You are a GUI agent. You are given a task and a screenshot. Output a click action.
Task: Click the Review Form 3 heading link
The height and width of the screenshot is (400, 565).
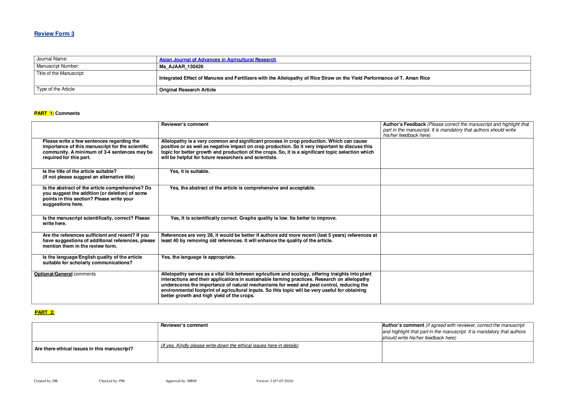[x=54, y=34]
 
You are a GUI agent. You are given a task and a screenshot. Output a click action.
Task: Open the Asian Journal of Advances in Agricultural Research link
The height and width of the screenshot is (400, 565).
[x=218, y=60]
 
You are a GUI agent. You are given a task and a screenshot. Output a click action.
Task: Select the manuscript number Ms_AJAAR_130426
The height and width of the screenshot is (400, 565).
[x=181, y=67]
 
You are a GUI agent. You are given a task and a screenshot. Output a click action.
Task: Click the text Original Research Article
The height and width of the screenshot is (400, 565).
[x=187, y=90]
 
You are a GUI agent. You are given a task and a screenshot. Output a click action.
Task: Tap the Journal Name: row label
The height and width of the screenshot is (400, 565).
[x=52, y=59]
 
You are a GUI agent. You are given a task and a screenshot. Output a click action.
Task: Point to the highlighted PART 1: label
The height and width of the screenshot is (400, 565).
[x=44, y=113]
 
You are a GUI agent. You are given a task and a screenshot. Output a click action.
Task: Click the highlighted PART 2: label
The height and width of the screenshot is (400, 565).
[x=44, y=312]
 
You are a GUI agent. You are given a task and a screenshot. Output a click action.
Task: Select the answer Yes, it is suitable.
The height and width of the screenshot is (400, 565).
[x=189, y=171]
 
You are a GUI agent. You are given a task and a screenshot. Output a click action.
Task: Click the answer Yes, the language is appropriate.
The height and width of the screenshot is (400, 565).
[x=198, y=257]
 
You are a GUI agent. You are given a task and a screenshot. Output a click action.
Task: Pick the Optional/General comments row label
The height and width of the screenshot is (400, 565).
[x=65, y=274]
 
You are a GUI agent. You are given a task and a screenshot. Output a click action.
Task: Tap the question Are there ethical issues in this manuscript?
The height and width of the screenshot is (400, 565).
[x=84, y=349]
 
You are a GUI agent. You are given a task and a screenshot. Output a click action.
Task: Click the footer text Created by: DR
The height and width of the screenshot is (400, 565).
[x=46, y=381]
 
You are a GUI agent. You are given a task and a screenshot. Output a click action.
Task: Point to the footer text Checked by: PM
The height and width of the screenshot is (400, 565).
[x=112, y=381]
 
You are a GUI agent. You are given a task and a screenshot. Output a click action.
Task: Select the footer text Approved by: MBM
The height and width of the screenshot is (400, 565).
[x=181, y=381]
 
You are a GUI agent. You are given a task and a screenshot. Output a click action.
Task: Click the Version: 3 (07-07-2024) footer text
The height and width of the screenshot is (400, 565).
[x=274, y=381]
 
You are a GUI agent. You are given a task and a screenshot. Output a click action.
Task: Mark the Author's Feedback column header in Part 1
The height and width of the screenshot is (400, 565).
[x=404, y=124]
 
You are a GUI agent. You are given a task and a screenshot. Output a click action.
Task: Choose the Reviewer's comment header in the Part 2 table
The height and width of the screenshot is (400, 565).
[x=184, y=325]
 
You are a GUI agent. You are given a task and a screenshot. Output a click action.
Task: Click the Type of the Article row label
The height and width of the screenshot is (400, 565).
[x=56, y=89]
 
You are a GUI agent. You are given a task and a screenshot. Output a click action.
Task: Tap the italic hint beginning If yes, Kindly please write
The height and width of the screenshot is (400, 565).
[x=230, y=345]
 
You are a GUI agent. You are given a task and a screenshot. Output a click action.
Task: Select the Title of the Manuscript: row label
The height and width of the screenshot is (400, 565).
[x=60, y=73]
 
